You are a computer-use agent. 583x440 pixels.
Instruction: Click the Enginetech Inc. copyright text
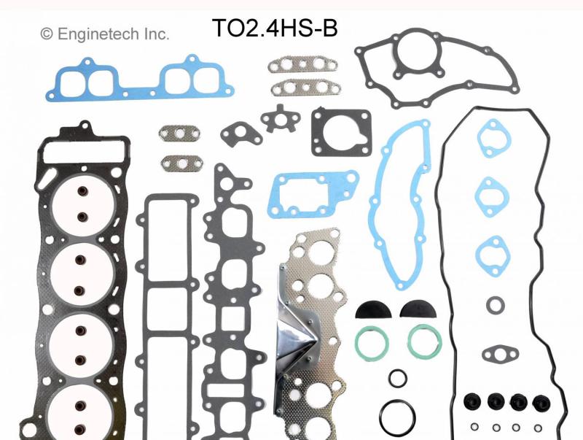point(105,34)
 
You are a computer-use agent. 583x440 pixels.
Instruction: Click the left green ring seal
point(371,342)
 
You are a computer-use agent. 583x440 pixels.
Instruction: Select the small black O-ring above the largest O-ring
point(397,379)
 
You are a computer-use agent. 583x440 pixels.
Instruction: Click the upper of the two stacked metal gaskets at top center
point(297,68)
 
